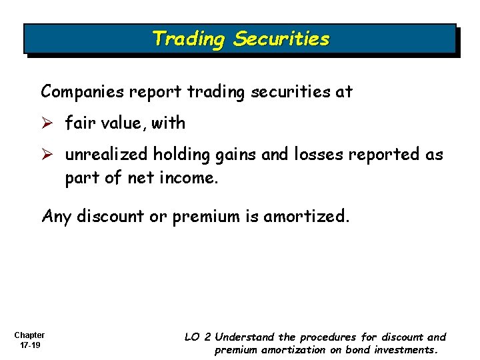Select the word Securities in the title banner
[x=281, y=39]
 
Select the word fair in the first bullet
[x=79, y=123]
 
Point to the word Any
[x=56, y=217]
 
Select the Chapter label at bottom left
[x=29, y=335]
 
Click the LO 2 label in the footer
[x=198, y=337]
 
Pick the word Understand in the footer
[x=245, y=337]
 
